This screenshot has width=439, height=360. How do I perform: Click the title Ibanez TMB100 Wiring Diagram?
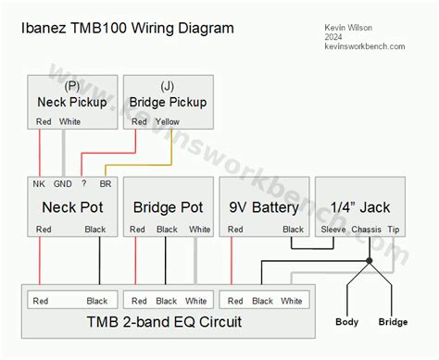[127, 28]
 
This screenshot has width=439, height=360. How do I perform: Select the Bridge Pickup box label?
[168, 102]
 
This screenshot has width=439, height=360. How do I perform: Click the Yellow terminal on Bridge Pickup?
[167, 121]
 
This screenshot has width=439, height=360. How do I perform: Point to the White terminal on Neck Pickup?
[70, 121]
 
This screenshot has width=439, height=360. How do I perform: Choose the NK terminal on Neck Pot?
[40, 184]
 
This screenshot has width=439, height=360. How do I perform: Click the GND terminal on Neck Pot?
[63, 184]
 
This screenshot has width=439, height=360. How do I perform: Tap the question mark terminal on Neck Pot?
[83, 184]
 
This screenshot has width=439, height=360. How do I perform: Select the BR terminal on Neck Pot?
[106, 184]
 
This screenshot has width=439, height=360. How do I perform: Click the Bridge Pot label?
[168, 207]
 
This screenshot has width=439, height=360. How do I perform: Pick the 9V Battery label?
[263, 207]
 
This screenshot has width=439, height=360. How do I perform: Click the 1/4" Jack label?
[360, 207]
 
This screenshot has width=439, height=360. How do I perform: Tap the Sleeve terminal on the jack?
[333, 230]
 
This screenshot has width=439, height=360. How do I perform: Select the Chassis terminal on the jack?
[368, 230]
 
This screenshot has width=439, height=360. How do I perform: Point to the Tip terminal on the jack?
[395, 230]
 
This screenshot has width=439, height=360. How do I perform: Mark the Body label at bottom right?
[347, 322]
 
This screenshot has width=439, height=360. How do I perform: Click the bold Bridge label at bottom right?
[393, 322]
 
